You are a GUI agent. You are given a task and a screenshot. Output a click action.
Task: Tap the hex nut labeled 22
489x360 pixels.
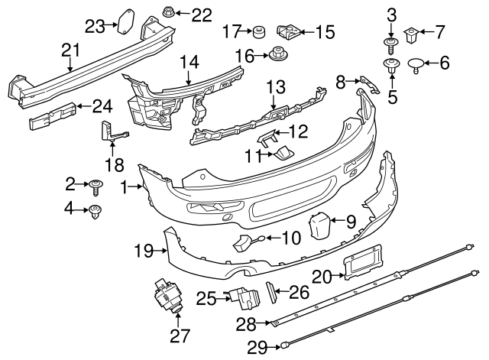[167, 13]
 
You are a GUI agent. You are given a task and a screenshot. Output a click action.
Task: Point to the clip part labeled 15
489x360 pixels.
[287, 31]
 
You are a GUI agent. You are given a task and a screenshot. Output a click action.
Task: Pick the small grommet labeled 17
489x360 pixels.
[258, 31]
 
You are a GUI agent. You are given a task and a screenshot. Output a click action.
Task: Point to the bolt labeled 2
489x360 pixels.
[96, 183]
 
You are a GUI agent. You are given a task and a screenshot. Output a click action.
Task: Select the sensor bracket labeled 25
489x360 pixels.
[242, 297]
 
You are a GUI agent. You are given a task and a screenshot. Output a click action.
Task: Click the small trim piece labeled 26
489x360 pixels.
[271, 291]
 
